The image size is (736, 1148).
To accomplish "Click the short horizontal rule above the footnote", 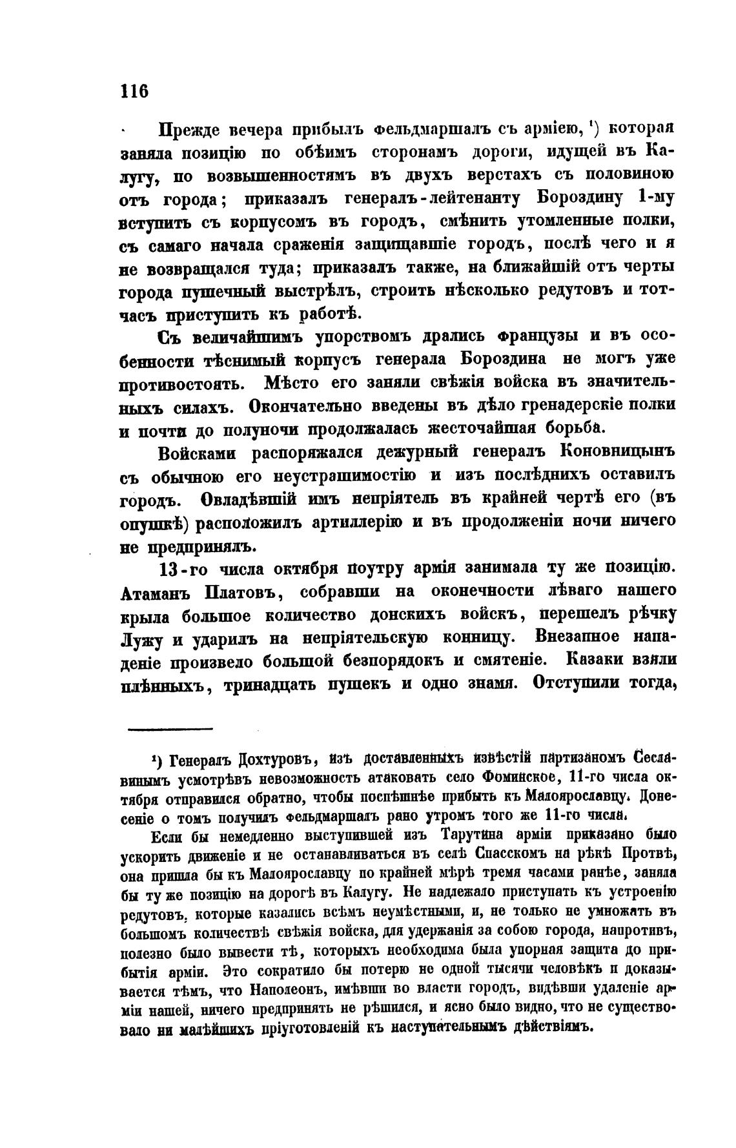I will pyautogui.click(x=170, y=730).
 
